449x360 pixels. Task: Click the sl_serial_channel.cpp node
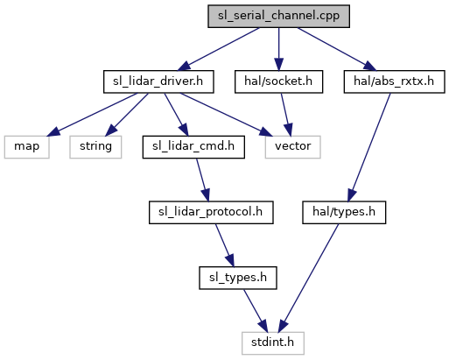point(278,17)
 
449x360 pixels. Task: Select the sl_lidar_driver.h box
point(158,81)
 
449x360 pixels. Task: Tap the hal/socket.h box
point(278,81)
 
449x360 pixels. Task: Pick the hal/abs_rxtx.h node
point(394,81)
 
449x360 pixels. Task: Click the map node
point(26,147)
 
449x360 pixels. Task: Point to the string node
point(95,147)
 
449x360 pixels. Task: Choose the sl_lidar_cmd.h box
point(193,147)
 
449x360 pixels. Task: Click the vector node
point(293,147)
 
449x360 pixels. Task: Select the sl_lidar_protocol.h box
point(211,213)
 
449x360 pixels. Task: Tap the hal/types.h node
point(344,213)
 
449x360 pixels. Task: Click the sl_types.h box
point(238,278)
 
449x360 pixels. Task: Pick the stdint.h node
point(273,343)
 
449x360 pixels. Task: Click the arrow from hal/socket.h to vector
point(285,115)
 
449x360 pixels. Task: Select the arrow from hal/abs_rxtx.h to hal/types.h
point(369,147)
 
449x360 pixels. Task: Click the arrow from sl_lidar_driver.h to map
point(92,115)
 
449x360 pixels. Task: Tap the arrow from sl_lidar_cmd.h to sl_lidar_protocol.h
point(202,180)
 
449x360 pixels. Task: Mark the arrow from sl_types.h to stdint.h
point(256,311)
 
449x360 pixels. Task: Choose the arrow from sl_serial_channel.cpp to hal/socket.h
point(278,49)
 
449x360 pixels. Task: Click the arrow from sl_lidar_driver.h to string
point(127,115)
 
